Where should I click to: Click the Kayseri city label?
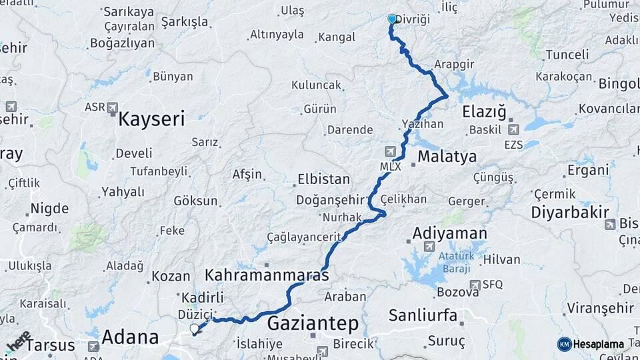151,120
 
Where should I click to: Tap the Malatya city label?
447,157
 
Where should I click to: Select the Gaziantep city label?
313,324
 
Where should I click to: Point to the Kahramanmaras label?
267,275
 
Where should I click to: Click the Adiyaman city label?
449,233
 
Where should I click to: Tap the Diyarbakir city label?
570,213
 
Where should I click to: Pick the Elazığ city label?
485,111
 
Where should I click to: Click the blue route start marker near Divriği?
392,20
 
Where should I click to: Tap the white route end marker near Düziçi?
194,328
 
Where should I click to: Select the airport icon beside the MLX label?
390,151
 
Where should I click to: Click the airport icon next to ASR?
112,107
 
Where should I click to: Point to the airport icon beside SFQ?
474,285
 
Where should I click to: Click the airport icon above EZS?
513,129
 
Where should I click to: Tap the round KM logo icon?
565,344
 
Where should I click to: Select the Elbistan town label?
323,179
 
